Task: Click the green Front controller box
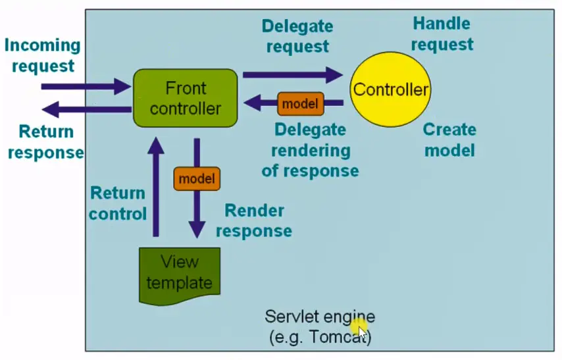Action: click(185, 98)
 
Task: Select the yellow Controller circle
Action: click(391, 89)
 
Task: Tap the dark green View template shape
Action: click(179, 273)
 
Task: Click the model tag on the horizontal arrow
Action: click(300, 103)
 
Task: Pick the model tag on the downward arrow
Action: click(196, 178)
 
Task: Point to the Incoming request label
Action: click(43, 56)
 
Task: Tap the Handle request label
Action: click(442, 34)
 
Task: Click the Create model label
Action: click(449, 140)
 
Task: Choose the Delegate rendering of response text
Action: click(310, 150)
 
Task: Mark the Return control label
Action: click(118, 203)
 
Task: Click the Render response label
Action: click(254, 221)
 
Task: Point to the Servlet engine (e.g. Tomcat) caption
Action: click(320, 326)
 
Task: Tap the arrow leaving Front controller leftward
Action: click(86, 109)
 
